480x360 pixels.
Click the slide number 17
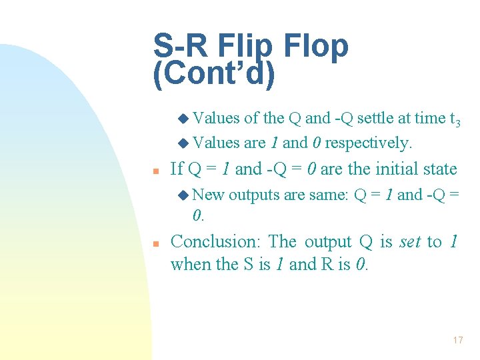tap(457, 340)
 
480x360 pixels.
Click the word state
tap(436, 169)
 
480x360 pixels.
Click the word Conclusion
tap(214, 241)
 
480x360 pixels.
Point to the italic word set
tap(409, 241)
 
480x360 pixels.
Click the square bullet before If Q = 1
tap(155, 171)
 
